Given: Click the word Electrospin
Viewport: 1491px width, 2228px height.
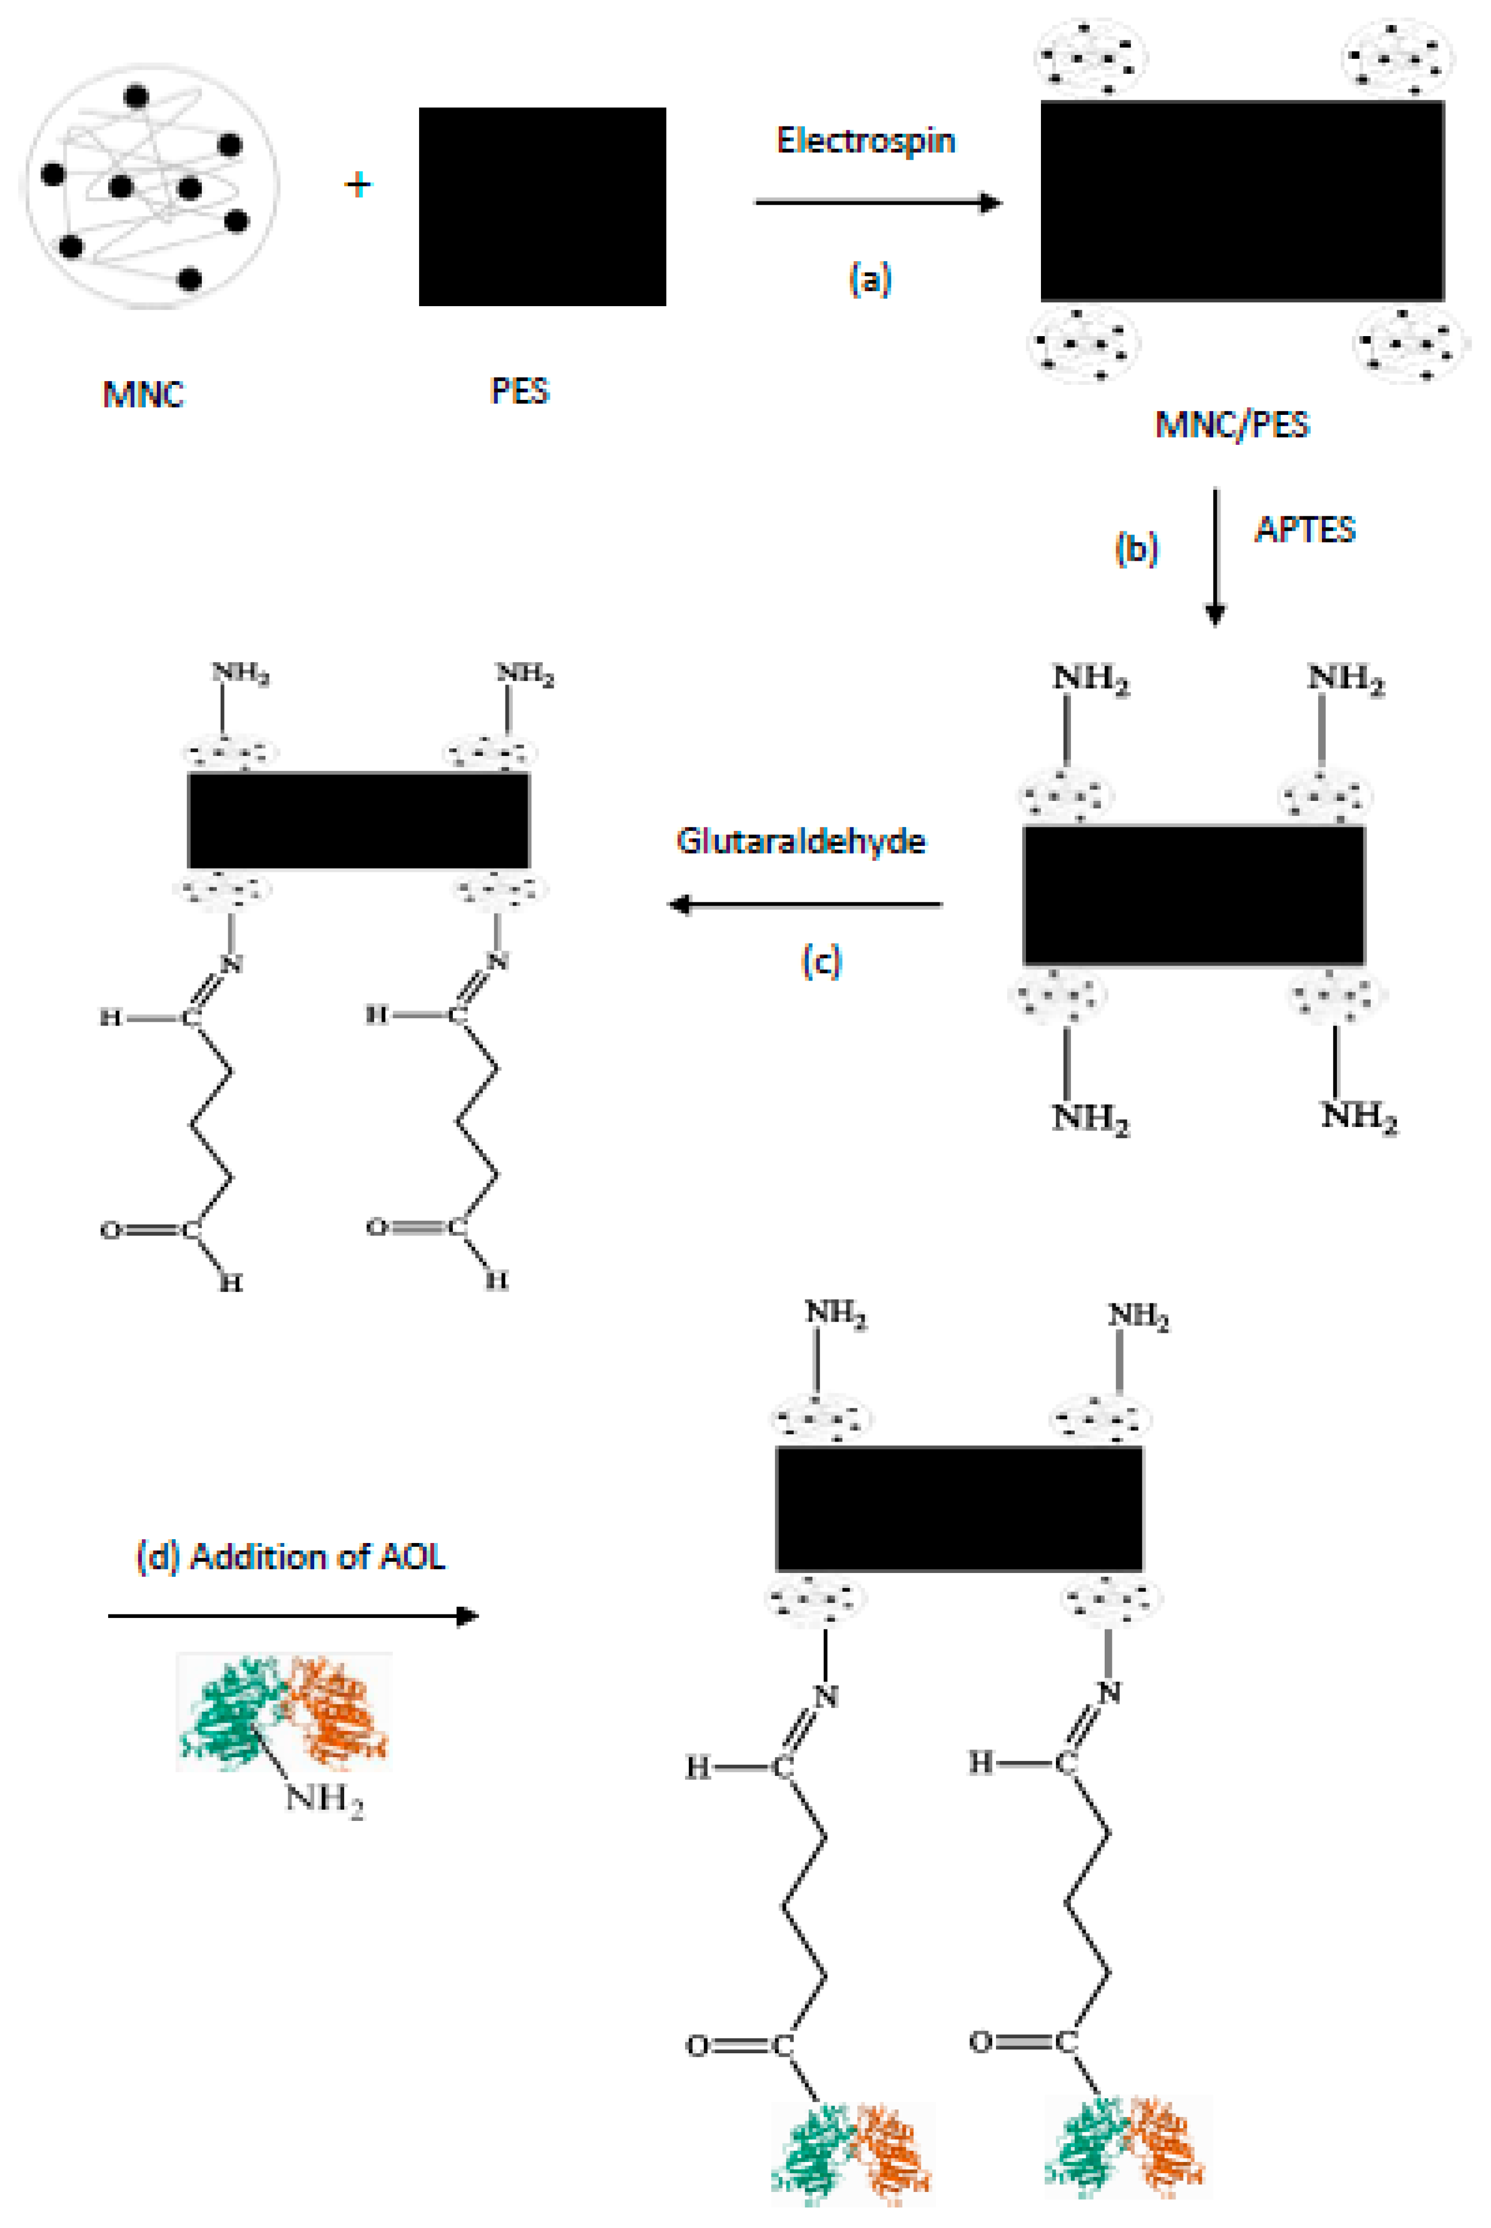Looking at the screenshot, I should click(865, 141).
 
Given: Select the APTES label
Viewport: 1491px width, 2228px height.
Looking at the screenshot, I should click(1305, 530).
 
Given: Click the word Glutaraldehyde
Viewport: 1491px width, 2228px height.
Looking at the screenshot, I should click(801, 841).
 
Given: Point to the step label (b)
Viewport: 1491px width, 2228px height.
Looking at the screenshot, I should click(1136, 549).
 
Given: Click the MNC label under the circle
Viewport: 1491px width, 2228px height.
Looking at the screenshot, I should click(142, 394).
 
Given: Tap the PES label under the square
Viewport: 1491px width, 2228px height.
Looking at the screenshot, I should click(519, 391).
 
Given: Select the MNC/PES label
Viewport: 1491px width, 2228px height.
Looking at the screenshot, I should click(1232, 424).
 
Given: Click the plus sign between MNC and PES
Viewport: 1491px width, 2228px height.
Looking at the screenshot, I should click(358, 185).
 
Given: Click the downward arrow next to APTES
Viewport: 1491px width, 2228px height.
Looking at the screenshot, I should click(1214, 556).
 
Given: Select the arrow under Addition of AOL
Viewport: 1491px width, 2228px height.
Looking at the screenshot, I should click(292, 1615).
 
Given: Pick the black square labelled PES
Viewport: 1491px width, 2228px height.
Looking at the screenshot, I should click(542, 206).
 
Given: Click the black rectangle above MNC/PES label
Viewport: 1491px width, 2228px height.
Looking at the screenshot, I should click(1242, 201).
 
